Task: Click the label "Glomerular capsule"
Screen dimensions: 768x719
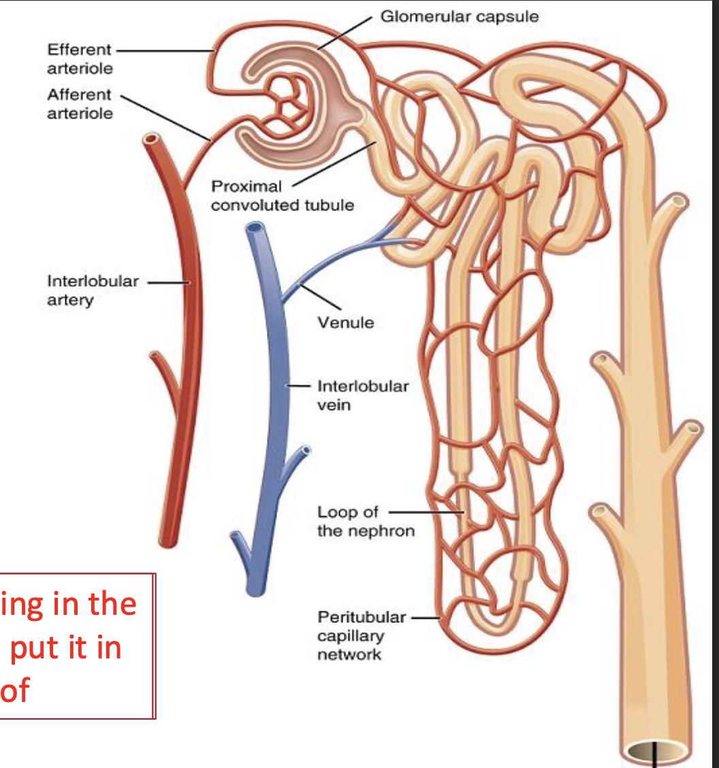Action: (x=459, y=16)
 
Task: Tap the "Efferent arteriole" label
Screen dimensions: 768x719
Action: (x=80, y=59)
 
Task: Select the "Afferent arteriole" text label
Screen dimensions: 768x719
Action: (x=80, y=103)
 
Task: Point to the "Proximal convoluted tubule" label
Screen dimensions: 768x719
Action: (x=282, y=195)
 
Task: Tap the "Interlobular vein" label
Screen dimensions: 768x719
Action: (x=363, y=395)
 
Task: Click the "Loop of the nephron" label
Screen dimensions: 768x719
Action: (x=366, y=521)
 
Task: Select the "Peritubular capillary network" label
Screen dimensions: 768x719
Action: (x=361, y=636)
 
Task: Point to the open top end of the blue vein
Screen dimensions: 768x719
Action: (x=255, y=228)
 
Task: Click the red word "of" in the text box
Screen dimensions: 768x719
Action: (x=14, y=690)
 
